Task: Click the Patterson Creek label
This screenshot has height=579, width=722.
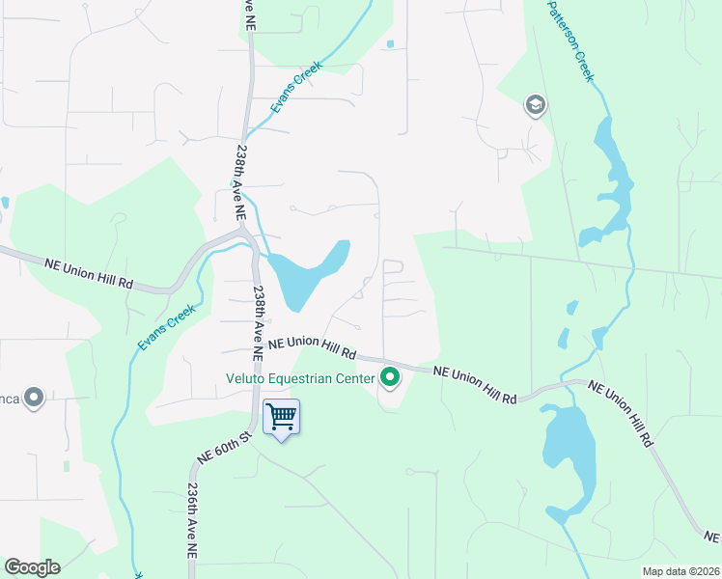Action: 569,41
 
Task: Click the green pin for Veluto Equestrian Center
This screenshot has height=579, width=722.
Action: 390,377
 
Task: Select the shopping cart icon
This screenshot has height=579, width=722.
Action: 281,417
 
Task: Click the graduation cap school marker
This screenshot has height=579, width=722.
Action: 536,105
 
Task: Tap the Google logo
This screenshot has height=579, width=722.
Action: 32,566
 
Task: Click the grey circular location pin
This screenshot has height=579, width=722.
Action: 34,397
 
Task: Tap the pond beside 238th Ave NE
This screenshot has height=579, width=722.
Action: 308,274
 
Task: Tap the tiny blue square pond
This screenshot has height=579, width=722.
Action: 389,43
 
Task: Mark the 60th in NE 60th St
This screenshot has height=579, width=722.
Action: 227,443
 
